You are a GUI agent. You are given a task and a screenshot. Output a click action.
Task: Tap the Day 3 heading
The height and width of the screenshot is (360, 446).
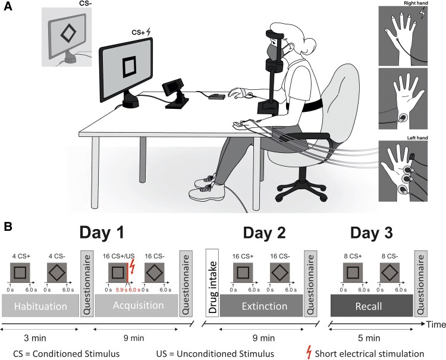tap(370, 230)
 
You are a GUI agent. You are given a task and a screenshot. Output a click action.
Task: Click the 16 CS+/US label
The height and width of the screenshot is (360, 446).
tap(117, 256)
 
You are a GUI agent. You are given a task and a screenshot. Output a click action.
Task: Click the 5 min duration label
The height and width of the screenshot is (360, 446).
tap(370, 337)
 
